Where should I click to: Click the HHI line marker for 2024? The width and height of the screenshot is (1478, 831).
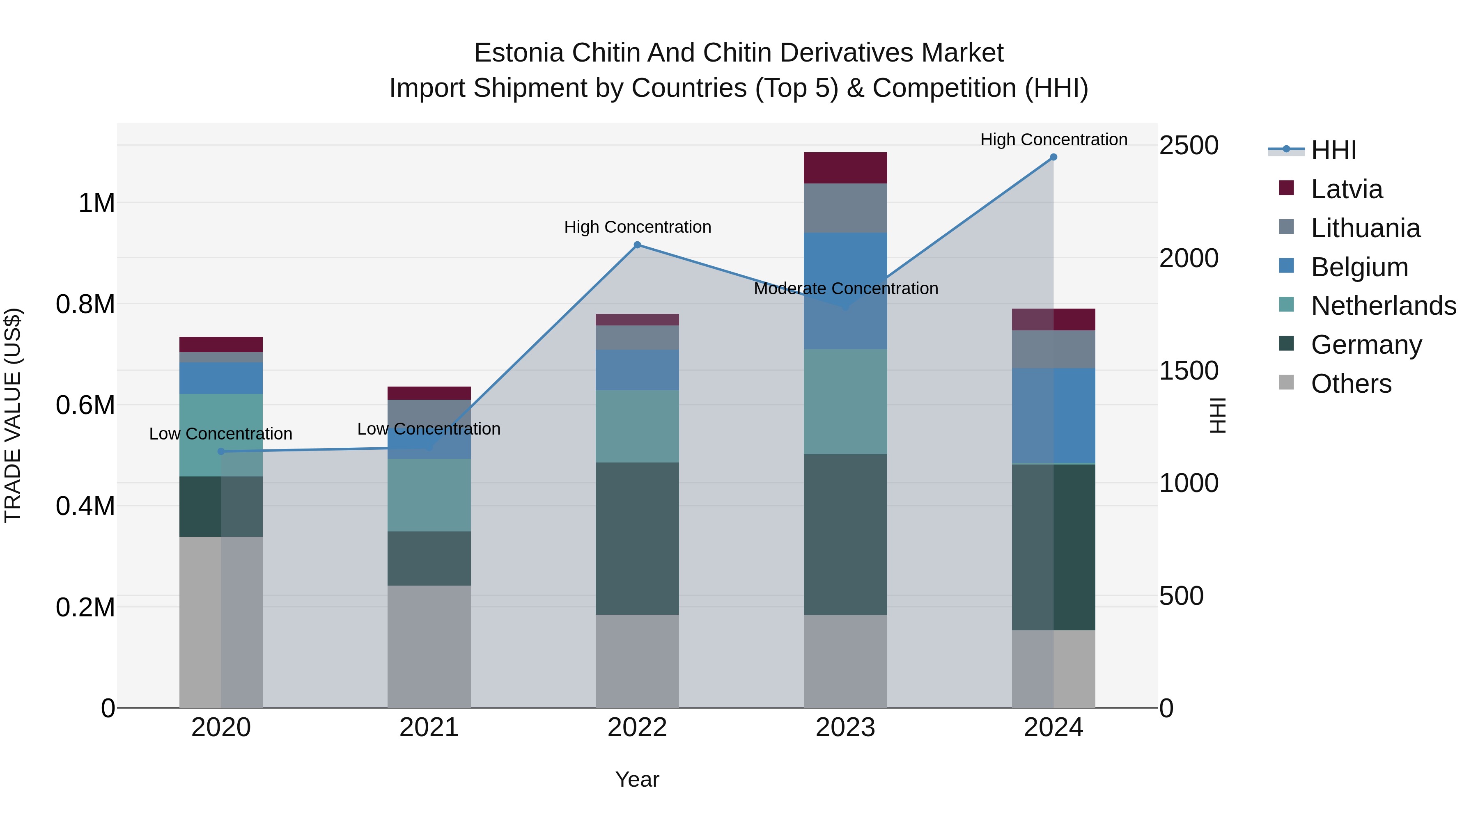(1053, 157)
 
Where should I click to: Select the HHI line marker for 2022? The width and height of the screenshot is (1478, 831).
(637, 245)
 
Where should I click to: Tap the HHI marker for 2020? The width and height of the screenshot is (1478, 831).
(221, 451)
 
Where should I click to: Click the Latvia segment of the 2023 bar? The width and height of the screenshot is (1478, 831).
(845, 168)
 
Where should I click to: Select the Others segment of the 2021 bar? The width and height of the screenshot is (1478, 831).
(429, 646)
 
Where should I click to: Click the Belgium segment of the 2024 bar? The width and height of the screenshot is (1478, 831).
(1053, 416)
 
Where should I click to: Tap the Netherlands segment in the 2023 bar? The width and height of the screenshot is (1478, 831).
(845, 401)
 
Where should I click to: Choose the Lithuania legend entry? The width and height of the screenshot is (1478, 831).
(1366, 228)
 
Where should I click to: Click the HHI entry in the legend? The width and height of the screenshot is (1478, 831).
(1333, 150)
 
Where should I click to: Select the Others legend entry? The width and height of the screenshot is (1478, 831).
(1351, 384)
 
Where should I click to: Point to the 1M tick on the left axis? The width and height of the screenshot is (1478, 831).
(96, 203)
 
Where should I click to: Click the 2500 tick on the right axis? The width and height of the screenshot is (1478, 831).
(1189, 145)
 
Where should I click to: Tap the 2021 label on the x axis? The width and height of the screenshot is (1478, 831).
(429, 728)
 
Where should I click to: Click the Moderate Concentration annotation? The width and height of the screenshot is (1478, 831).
(846, 288)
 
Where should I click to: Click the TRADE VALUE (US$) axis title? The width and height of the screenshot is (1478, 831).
(13, 415)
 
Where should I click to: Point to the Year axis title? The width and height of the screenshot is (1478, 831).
(637, 779)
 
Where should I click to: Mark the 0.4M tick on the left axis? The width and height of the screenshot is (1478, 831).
(85, 506)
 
